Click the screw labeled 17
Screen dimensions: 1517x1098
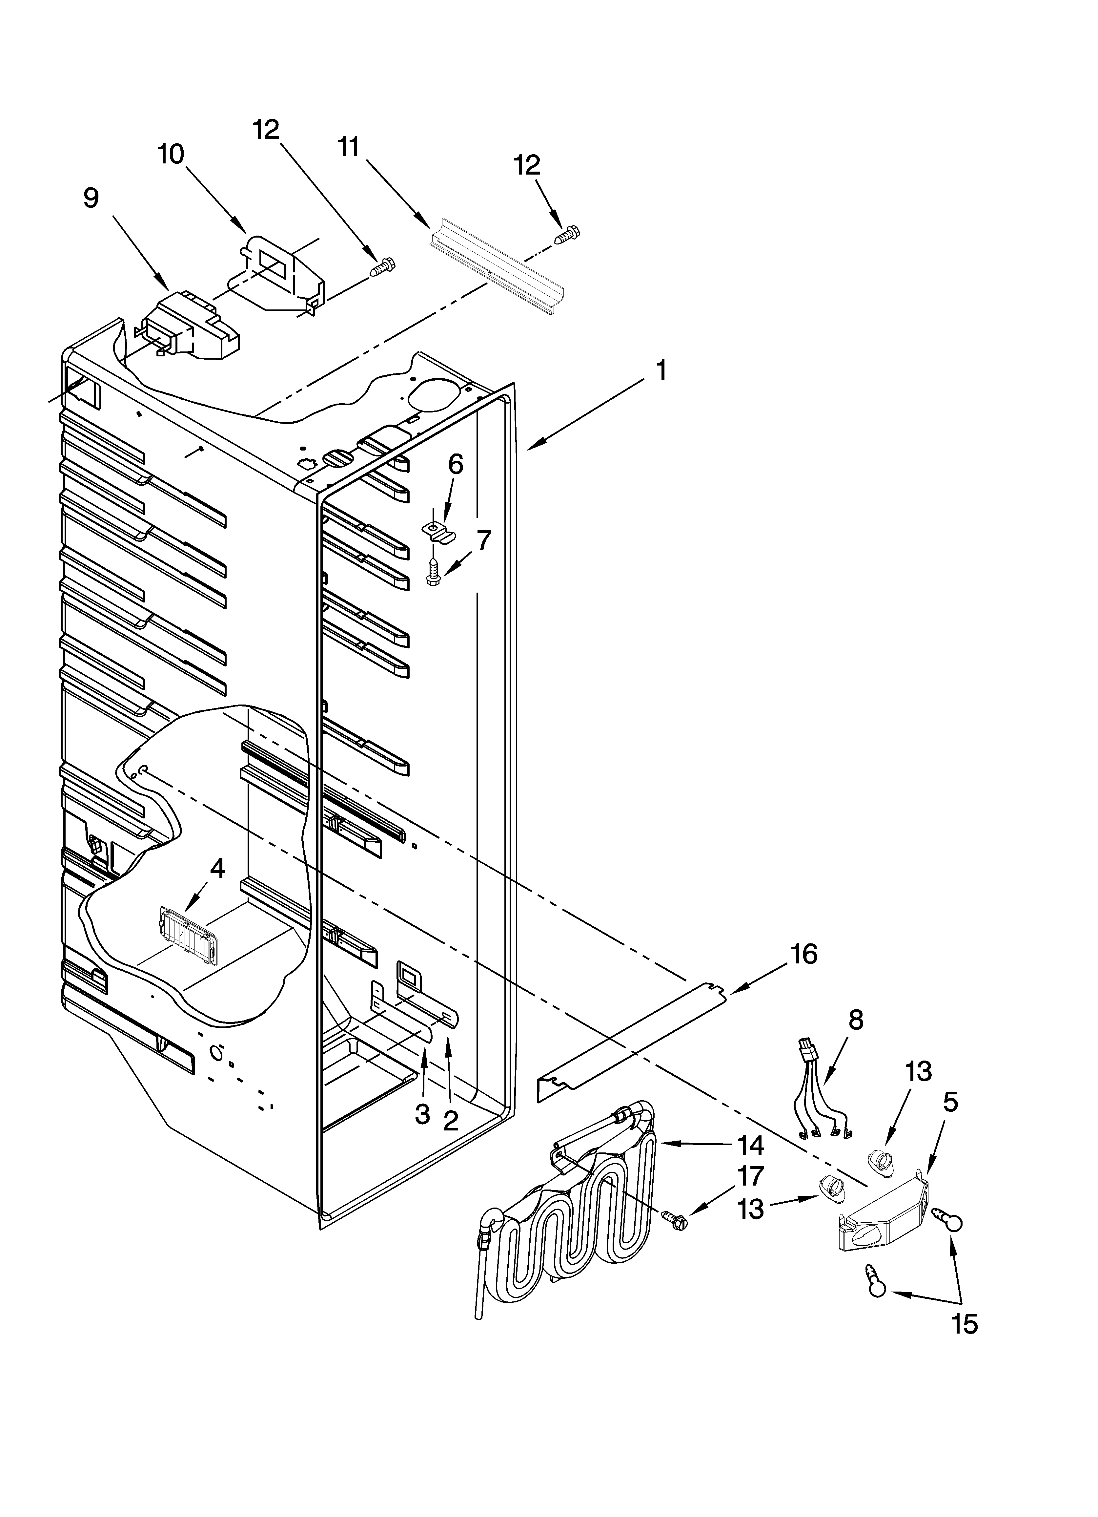tap(674, 1219)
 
